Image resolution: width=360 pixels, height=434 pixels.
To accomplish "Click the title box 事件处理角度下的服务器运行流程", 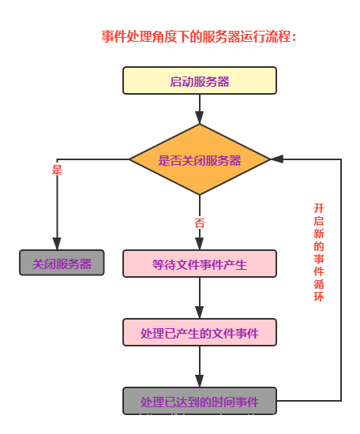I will click(202, 36).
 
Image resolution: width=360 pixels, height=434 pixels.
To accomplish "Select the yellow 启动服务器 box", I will click(200, 80).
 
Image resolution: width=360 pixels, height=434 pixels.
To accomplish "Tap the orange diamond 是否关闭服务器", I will click(200, 159).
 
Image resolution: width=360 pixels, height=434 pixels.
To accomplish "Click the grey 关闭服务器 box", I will click(62, 264).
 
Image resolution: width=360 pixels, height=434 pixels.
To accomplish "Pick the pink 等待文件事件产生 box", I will click(200, 264).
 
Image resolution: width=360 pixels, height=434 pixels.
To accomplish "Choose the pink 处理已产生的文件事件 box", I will click(200, 333).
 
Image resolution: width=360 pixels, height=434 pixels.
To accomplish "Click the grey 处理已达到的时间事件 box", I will click(200, 402).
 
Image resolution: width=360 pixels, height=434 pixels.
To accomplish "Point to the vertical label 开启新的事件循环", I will click(319, 251).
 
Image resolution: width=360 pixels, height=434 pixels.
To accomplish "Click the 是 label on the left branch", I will click(57, 169).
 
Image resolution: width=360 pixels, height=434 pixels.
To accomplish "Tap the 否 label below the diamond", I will click(200, 223).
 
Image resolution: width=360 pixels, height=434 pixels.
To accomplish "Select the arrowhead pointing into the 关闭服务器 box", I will click(57, 244).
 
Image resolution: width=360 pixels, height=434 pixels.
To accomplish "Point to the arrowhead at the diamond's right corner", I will click(276, 159).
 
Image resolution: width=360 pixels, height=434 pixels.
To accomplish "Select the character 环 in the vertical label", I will click(319, 297).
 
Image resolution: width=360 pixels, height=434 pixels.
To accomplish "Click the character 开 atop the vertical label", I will click(319, 208).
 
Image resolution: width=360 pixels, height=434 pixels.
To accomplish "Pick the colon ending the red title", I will click(294, 37).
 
